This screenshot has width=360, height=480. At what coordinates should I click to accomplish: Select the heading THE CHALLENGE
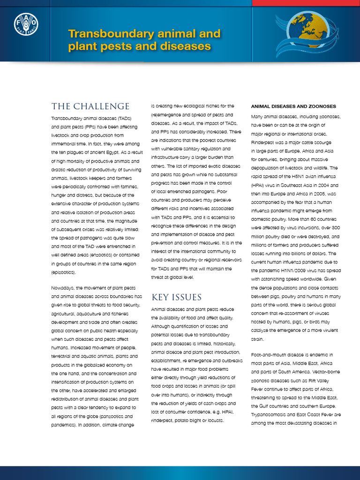(90, 106)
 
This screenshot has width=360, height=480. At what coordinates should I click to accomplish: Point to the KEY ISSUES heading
(176, 297)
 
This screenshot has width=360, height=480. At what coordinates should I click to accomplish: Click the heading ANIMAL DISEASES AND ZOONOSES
(293, 106)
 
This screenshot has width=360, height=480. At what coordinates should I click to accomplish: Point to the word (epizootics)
(63, 272)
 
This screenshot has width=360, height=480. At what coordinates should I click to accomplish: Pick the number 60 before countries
(300, 219)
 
